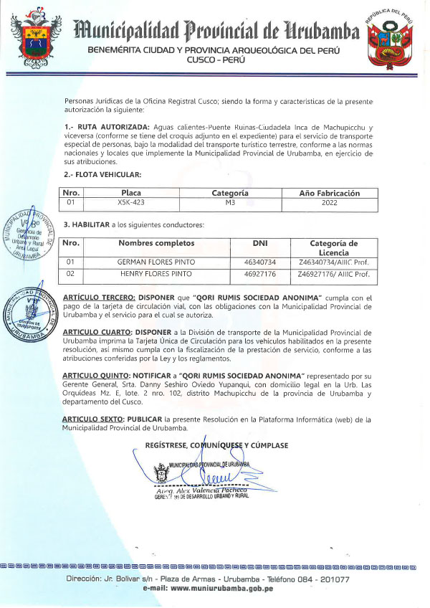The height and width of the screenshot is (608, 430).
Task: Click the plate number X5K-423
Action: (x=130, y=203)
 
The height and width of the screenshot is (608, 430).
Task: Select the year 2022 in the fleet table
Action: (x=329, y=203)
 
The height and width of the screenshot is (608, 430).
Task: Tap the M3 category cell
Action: (x=230, y=203)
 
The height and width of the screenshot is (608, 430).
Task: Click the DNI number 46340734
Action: (x=260, y=262)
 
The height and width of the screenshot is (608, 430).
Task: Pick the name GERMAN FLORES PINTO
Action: (x=156, y=262)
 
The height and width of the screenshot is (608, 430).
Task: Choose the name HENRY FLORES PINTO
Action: (x=156, y=274)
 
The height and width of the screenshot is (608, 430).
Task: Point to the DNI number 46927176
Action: (x=260, y=274)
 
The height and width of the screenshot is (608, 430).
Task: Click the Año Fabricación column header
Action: (x=329, y=193)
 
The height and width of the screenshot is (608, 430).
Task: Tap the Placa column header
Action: (x=131, y=193)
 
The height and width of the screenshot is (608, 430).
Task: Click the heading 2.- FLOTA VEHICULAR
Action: (x=102, y=174)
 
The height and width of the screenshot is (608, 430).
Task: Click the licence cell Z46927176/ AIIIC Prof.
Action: (x=334, y=274)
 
